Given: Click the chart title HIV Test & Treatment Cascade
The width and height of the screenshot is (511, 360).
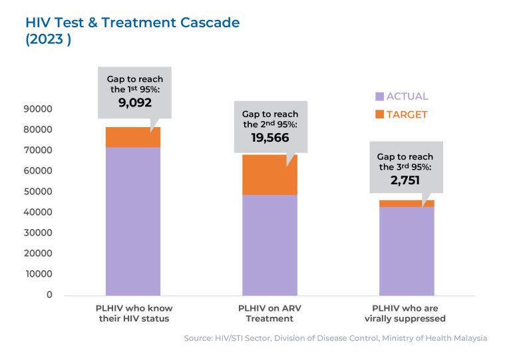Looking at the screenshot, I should coord(132,23).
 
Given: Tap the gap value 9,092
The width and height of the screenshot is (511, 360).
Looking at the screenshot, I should coord(135,103).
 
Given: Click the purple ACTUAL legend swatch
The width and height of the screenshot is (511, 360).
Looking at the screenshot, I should coord(380,96).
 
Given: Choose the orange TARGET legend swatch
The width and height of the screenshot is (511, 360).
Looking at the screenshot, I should coord(380,114).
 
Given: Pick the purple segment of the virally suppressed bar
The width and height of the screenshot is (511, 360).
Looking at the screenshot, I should coord(407,251).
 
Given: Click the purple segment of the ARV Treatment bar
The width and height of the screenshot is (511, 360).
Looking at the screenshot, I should coord(269,245).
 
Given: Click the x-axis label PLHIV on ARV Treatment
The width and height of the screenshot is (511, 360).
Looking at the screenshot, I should coord(269,313).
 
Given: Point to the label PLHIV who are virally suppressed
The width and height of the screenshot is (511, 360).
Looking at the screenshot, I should coord(407,313).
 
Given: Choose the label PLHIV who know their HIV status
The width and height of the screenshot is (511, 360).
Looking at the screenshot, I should coord(133,313).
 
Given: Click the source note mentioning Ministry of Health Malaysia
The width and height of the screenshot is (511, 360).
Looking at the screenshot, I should coord(335,338).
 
